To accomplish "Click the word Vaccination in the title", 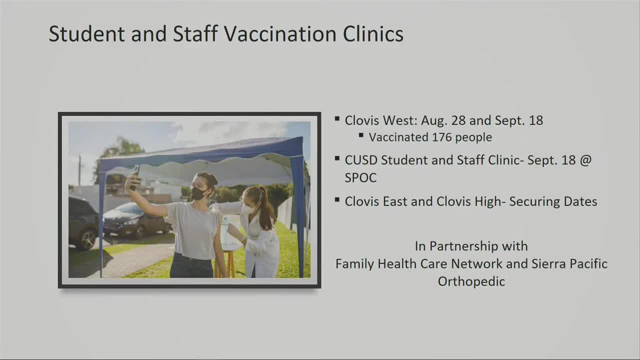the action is [x=279, y=33].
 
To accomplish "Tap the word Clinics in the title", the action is [x=373, y=33].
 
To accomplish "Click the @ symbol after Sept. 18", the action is [x=585, y=160].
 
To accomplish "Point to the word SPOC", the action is [x=360, y=177].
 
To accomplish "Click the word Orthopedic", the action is [x=471, y=281].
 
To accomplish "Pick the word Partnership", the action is [x=478, y=246].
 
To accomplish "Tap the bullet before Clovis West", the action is [x=337, y=118].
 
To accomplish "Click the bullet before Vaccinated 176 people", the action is [x=361, y=135].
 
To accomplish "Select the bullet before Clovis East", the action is [x=337, y=199].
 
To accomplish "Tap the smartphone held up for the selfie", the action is [x=135, y=178].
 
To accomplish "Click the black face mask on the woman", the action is [x=198, y=193].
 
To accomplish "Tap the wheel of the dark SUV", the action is [x=88, y=239].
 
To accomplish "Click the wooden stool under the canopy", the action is [x=225, y=263].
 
